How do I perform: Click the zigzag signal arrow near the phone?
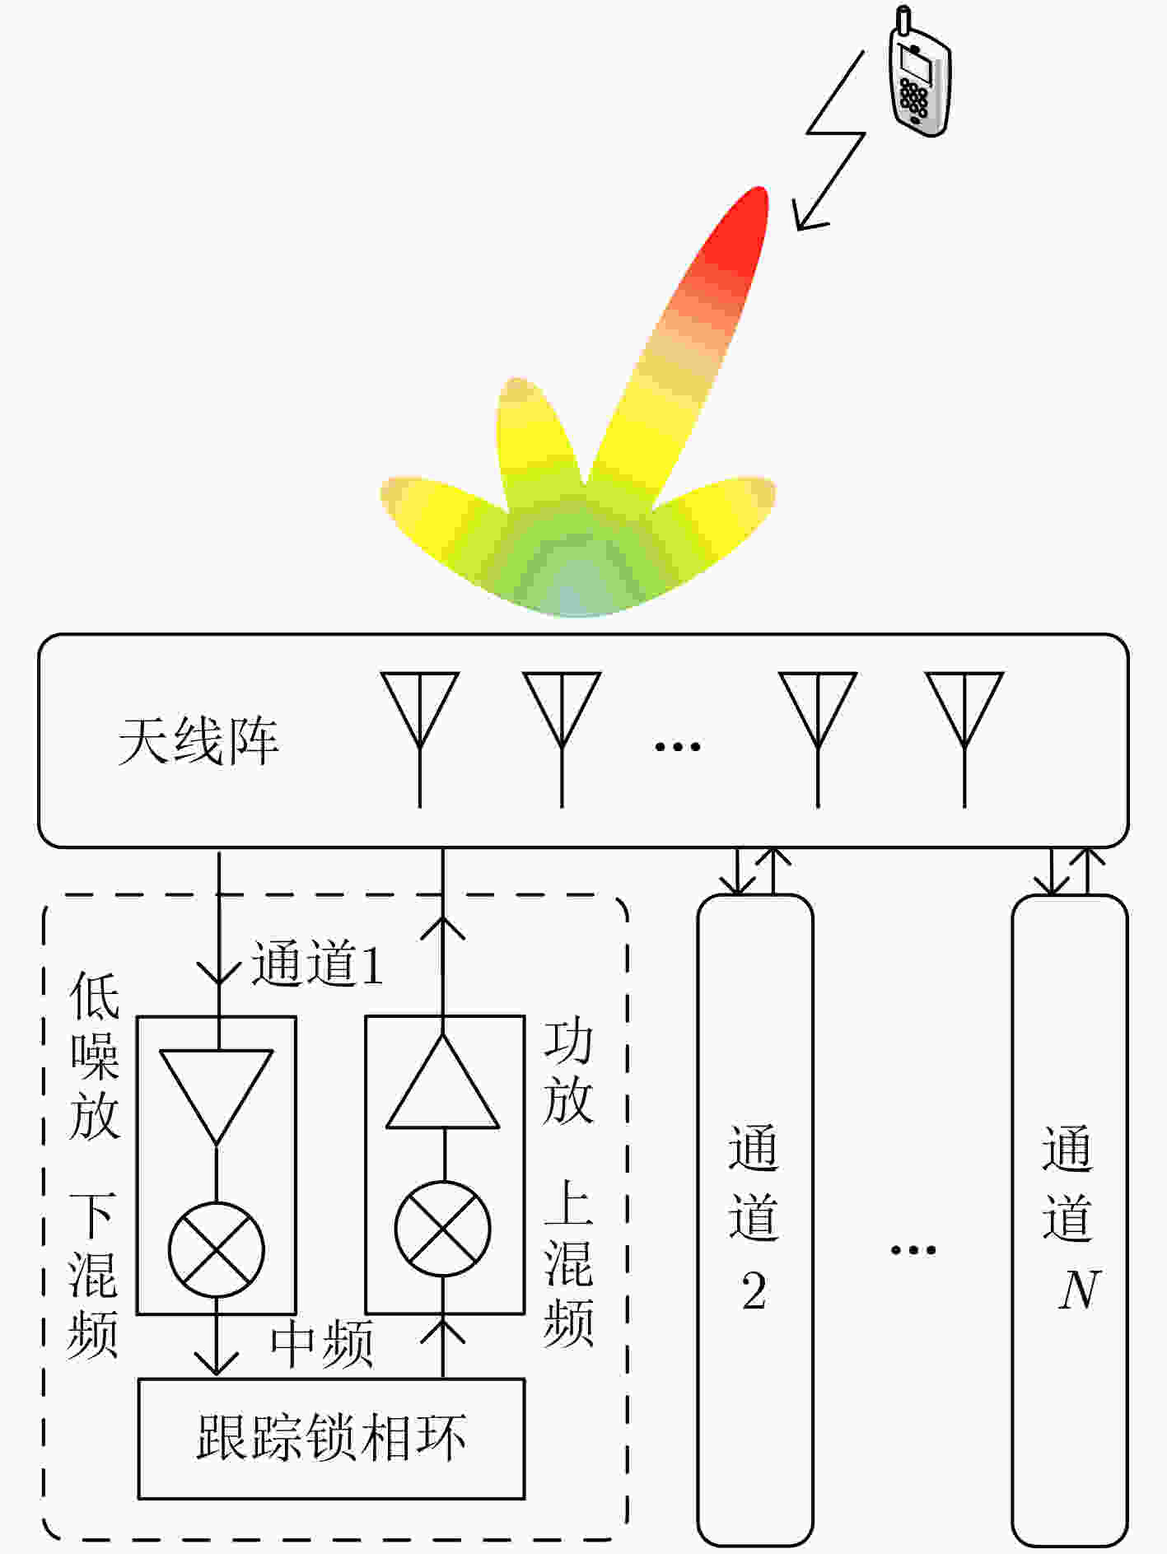click(x=832, y=140)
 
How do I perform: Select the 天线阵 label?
click(x=198, y=741)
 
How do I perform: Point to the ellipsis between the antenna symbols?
click(x=677, y=747)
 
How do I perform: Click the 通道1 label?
click(x=317, y=963)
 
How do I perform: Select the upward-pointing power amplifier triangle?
click(x=443, y=1081)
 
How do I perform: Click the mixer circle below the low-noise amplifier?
click(x=217, y=1249)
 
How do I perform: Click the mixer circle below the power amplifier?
click(x=443, y=1229)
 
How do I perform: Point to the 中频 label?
click(x=322, y=1344)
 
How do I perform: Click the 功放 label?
click(x=568, y=1073)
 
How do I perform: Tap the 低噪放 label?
click(x=95, y=1056)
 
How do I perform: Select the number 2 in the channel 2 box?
click(x=754, y=1290)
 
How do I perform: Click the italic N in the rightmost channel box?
click(x=1079, y=1290)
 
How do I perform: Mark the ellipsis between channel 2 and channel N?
click(x=913, y=1250)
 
